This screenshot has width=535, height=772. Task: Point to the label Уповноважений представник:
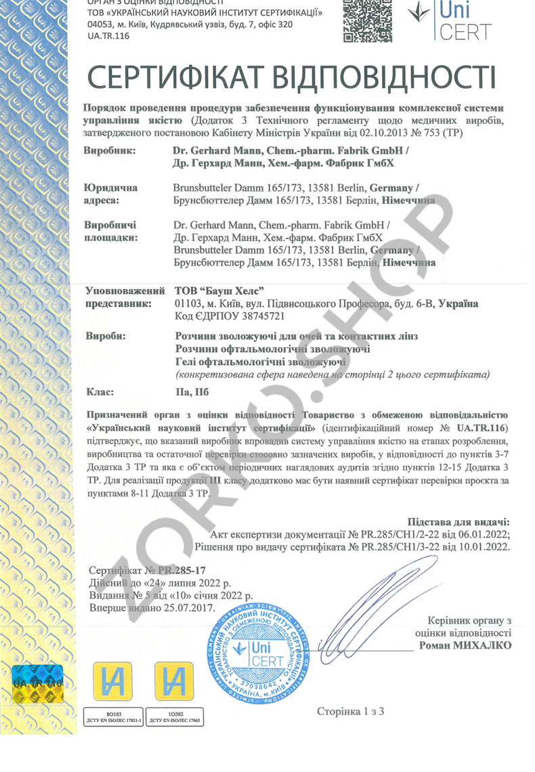point(125,297)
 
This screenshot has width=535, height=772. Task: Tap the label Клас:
point(101,391)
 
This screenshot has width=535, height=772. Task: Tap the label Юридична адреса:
point(110,194)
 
